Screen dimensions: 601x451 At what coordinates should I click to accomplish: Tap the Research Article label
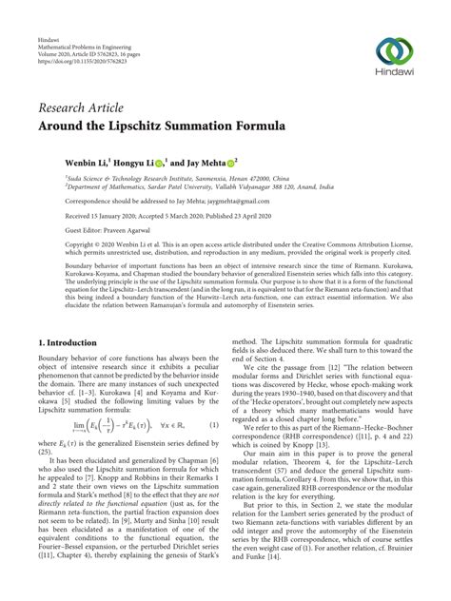pos(76,108)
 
